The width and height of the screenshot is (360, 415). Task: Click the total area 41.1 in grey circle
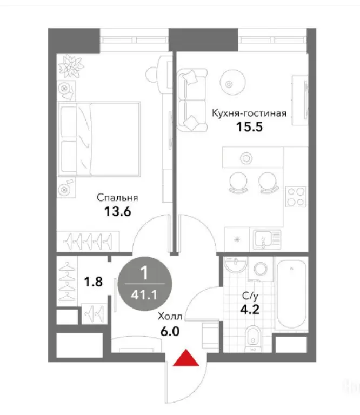coord(144,295)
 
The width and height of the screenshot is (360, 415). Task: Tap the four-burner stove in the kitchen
coord(296,197)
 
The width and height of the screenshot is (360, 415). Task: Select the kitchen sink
coord(265,238)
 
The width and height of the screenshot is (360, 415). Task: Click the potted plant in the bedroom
coord(71,66)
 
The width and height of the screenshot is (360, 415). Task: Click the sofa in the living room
coord(192,100)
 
